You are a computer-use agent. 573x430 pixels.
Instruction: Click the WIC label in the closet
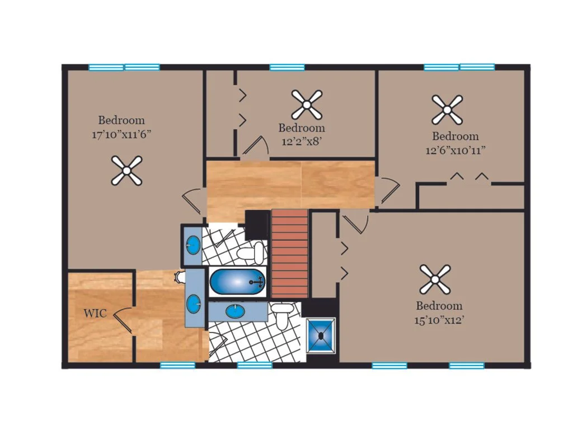[95, 314]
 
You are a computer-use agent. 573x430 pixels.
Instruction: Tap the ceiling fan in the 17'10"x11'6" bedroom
[126, 170]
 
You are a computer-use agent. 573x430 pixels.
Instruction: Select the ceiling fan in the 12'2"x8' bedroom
[307, 105]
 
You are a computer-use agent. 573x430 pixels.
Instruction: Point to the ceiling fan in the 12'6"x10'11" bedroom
[447, 110]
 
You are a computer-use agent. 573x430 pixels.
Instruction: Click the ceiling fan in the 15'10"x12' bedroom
[435, 279]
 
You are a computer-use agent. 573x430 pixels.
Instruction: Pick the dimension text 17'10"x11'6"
[121, 134]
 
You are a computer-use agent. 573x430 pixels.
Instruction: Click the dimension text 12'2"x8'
[302, 142]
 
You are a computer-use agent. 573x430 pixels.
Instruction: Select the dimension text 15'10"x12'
[439, 320]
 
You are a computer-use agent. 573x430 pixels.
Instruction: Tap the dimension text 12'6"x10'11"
[455, 150]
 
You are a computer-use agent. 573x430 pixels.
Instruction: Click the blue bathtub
[237, 282]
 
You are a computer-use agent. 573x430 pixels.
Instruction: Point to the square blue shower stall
[321, 336]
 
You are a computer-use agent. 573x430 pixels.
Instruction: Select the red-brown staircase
[290, 254]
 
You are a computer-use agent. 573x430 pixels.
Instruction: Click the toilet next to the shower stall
[283, 315]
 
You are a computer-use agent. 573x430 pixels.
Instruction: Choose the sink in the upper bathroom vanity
[193, 245]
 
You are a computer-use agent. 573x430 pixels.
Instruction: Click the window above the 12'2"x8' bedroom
[287, 67]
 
